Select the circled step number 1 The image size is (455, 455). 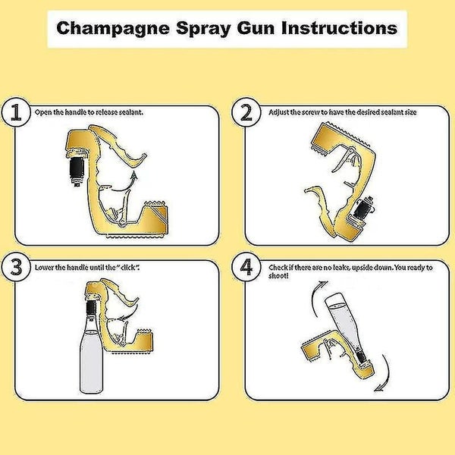[x=16, y=115]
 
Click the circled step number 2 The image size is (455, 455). [x=246, y=114]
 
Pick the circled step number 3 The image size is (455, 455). [x=16, y=268]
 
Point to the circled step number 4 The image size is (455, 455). [x=246, y=269]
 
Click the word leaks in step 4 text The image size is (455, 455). [x=335, y=267]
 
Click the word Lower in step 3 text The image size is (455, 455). [x=44, y=268]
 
